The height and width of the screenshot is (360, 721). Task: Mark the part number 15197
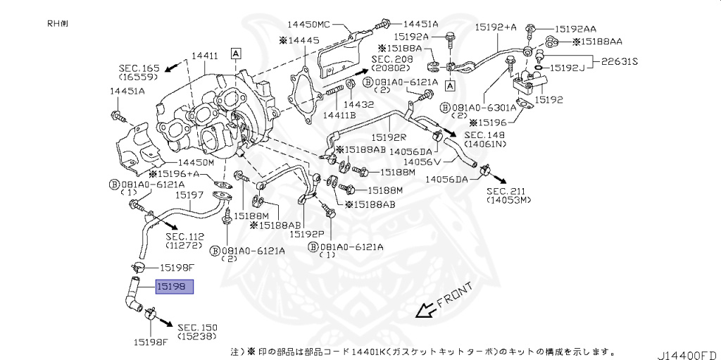[x=189, y=194]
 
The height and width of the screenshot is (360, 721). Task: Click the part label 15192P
[x=308, y=234]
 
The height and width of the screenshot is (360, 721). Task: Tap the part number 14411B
[x=339, y=114]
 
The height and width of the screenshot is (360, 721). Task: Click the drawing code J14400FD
[x=689, y=352]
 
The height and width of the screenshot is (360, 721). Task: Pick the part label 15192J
[x=569, y=68]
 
